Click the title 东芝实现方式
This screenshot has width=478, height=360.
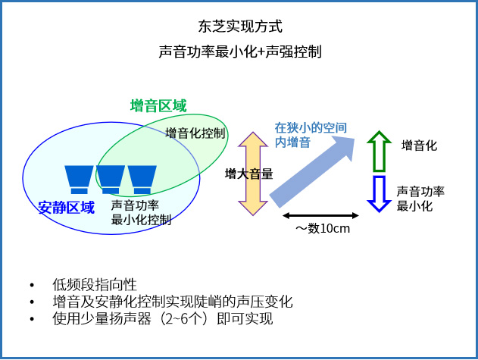pyautogui.click(x=239, y=27)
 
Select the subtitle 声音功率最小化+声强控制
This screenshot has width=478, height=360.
pyautogui.click(x=239, y=52)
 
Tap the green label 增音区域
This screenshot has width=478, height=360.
pyautogui.click(x=158, y=106)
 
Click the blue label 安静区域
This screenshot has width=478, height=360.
pyautogui.click(x=67, y=207)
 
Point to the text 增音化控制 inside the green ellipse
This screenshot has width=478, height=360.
pyautogui.click(x=195, y=133)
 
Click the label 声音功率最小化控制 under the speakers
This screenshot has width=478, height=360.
pyautogui.click(x=141, y=212)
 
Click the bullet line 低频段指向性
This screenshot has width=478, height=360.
pyautogui.click(x=95, y=284)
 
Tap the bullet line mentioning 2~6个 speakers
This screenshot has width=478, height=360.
pyautogui.click(x=163, y=319)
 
